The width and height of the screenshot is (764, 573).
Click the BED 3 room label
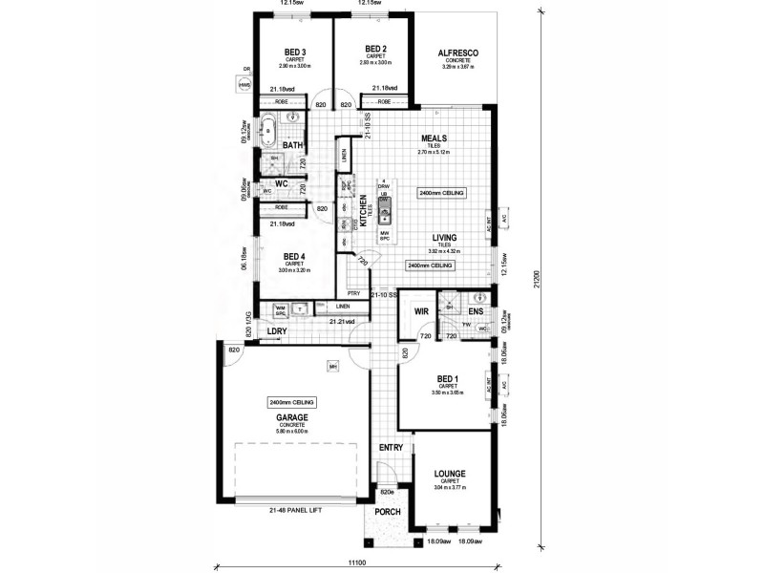click(295, 52)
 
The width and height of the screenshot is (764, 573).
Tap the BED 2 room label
click(374, 48)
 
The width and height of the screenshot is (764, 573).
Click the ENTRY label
click(391, 447)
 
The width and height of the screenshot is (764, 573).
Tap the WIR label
click(420, 312)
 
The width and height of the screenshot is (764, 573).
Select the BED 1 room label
click(447, 378)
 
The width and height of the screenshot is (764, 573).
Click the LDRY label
click(277, 332)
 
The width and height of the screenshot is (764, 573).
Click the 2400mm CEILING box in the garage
click(292, 403)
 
